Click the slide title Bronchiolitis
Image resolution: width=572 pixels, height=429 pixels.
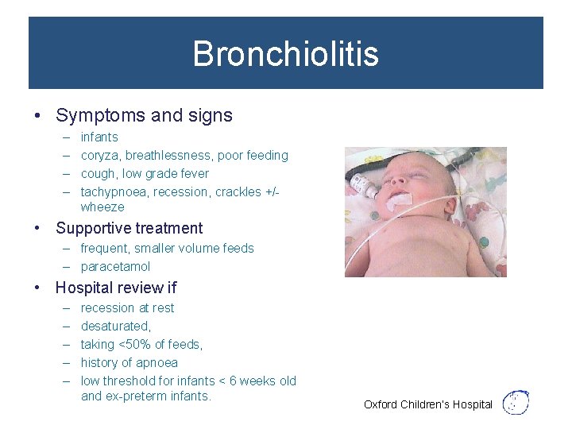tap(285, 54)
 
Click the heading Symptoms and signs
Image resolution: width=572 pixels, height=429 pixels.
tap(144, 115)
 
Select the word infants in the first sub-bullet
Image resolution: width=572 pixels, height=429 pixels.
tap(99, 137)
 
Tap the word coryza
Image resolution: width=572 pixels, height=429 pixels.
tap(99, 156)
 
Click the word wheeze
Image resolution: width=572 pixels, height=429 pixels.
tap(102, 207)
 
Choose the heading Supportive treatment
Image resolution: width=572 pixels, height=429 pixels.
tap(129, 228)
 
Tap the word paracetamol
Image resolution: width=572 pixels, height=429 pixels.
tap(115, 267)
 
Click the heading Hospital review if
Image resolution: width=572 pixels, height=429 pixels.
tap(116, 288)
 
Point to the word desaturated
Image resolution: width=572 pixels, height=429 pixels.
tap(115, 327)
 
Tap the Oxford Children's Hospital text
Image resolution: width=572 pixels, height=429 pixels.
tap(428, 405)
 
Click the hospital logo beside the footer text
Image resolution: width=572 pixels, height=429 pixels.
tap(517, 403)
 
